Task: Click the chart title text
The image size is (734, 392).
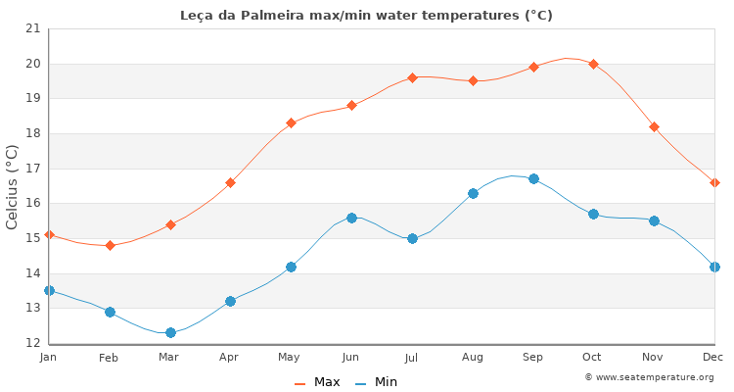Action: click(x=366, y=15)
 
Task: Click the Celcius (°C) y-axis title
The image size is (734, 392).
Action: click(x=12, y=186)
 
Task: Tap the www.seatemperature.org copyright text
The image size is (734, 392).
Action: click(x=649, y=377)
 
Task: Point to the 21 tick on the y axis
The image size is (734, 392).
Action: click(x=33, y=28)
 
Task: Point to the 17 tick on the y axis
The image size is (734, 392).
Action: click(x=33, y=169)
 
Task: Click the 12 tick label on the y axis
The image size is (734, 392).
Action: click(x=33, y=343)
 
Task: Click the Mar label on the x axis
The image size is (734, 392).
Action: click(x=169, y=358)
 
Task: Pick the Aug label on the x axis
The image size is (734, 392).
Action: click(x=473, y=358)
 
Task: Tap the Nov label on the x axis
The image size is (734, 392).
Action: click(x=654, y=358)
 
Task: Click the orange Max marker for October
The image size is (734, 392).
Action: click(x=593, y=64)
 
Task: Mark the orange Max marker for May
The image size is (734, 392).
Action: click(x=291, y=122)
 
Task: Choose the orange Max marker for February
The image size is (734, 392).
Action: click(x=110, y=245)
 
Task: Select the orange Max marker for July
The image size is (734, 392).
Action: click(x=412, y=77)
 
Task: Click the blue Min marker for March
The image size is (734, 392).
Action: click(x=170, y=332)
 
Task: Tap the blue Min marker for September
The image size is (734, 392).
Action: click(x=533, y=178)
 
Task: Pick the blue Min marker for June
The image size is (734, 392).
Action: click(x=351, y=218)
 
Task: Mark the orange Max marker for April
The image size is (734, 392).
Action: click(x=230, y=182)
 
